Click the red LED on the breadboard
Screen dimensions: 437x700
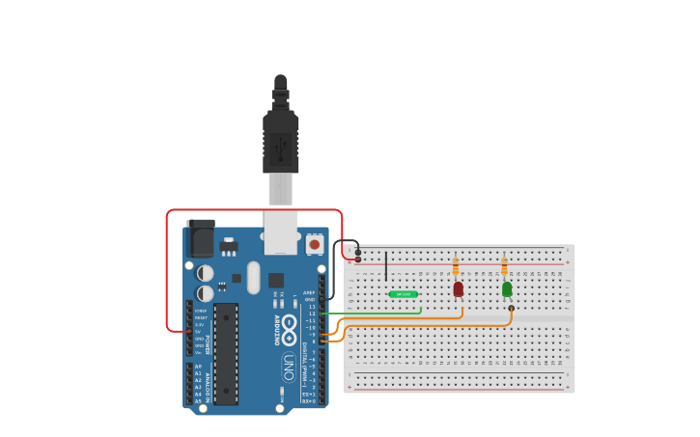[458, 288]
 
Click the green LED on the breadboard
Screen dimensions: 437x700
[507, 288]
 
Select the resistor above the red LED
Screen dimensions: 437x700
[456, 265]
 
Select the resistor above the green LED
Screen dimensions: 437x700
[504, 265]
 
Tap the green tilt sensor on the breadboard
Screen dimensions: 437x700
[403, 294]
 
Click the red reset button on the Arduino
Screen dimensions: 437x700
[315, 245]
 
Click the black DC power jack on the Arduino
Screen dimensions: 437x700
[200, 237]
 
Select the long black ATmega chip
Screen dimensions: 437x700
[226, 353]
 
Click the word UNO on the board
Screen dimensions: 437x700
[288, 367]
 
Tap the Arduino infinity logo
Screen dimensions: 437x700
[289, 327]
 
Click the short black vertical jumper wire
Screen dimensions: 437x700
[386, 265]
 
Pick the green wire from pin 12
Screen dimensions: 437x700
[372, 313]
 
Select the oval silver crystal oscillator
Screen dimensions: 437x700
[253, 278]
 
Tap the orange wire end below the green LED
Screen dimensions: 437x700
[511, 309]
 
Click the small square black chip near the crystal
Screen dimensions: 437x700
[276, 280]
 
